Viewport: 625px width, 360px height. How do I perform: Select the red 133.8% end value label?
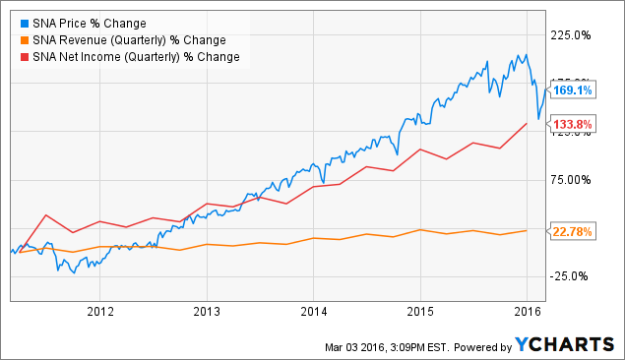point(571,124)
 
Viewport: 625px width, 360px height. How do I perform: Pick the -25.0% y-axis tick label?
point(571,275)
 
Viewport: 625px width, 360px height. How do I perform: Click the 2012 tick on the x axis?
point(100,311)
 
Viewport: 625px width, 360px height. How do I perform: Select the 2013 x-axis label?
point(207,311)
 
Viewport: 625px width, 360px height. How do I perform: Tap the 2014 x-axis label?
point(313,311)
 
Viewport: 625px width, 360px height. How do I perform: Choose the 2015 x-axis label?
point(419,311)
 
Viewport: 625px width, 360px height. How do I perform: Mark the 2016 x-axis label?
point(526,311)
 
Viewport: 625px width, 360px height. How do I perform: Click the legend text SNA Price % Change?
point(90,23)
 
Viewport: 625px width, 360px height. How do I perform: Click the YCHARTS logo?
point(565,344)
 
